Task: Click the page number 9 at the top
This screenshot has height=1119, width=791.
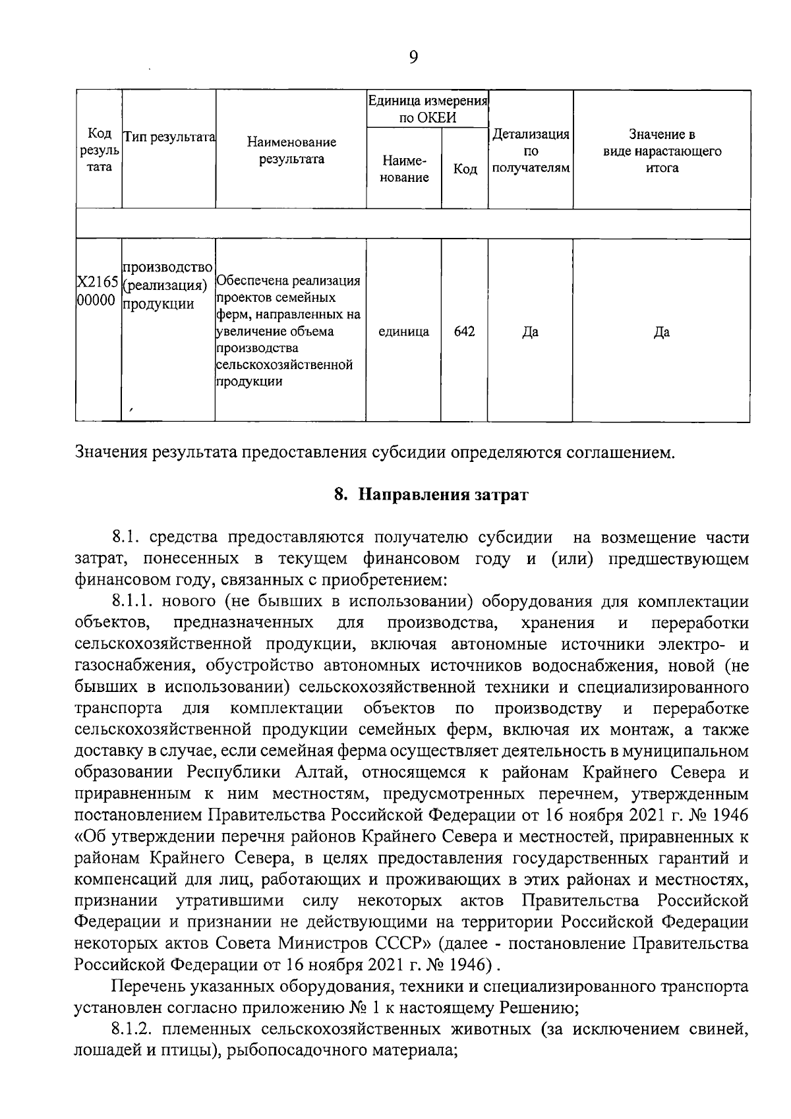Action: click(x=413, y=57)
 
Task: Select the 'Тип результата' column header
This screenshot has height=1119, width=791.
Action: click(x=169, y=136)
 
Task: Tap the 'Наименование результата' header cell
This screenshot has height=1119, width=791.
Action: click(x=291, y=150)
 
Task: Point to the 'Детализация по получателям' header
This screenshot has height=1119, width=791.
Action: click(x=531, y=151)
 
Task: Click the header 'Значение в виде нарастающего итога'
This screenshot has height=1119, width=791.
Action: click(x=662, y=151)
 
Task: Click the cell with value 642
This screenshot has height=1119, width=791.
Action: click(x=465, y=331)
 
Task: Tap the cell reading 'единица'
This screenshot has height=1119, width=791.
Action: click(x=403, y=331)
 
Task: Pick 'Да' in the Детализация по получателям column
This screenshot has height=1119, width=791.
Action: click(x=531, y=332)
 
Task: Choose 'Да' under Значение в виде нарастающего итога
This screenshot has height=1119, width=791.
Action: click(x=662, y=332)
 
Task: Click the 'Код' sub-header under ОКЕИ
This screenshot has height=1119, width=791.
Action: click(x=465, y=169)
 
